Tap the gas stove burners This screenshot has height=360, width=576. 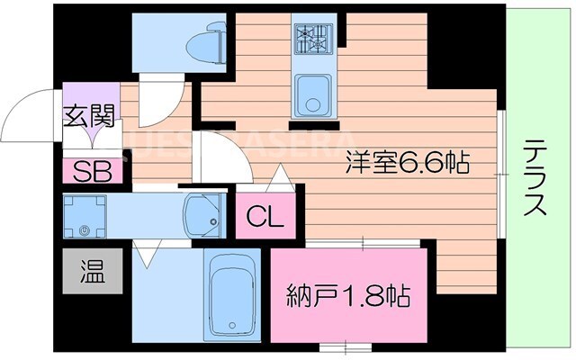pyautogui.click(x=311, y=38)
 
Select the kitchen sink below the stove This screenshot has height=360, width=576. pyautogui.click(x=312, y=92)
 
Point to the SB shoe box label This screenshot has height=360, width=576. pyautogui.click(x=92, y=170)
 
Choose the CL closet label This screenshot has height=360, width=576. pyautogui.click(x=265, y=216)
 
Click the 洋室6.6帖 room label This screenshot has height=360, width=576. pyautogui.click(x=407, y=165)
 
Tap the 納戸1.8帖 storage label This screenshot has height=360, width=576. pyautogui.click(x=348, y=294)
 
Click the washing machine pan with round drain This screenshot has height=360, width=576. pyautogui.click(x=85, y=217)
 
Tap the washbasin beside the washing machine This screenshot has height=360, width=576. pyautogui.click(x=205, y=216)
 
